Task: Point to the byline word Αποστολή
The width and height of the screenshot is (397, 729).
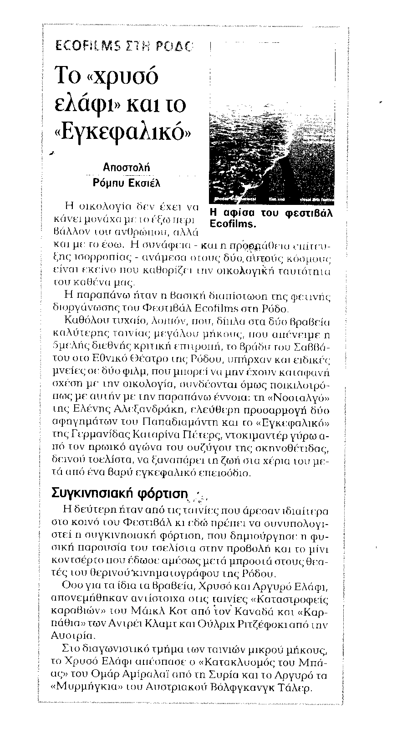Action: [125, 168]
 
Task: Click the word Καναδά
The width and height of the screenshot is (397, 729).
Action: [274, 611]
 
